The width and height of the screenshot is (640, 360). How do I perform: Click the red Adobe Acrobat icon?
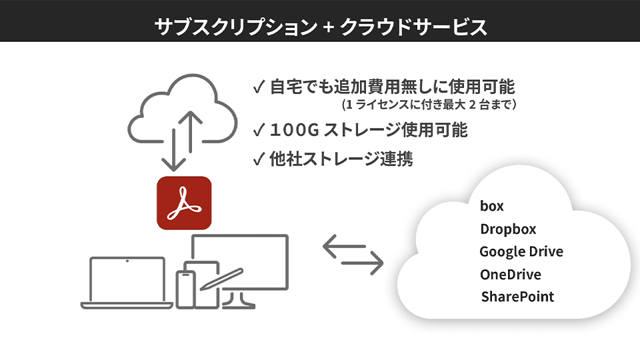(x=183, y=203)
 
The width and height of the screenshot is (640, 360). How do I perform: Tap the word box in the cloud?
(x=492, y=206)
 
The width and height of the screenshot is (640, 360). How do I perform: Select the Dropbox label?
(x=508, y=229)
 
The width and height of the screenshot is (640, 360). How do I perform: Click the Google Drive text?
(x=521, y=252)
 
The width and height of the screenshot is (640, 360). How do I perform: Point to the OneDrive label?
(x=510, y=275)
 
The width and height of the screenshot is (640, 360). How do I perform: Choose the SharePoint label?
(x=517, y=297)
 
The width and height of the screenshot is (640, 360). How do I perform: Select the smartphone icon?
(x=186, y=289)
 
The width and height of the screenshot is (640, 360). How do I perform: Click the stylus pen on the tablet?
(x=223, y=278)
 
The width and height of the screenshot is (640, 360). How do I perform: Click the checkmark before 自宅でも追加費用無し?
(x=259, y=87)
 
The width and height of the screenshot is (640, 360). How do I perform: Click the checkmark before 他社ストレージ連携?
(x=259, y=159)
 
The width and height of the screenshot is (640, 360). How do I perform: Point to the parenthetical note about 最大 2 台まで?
(x=429, y=105)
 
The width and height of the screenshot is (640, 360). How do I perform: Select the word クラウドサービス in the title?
(x=413, y=27)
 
